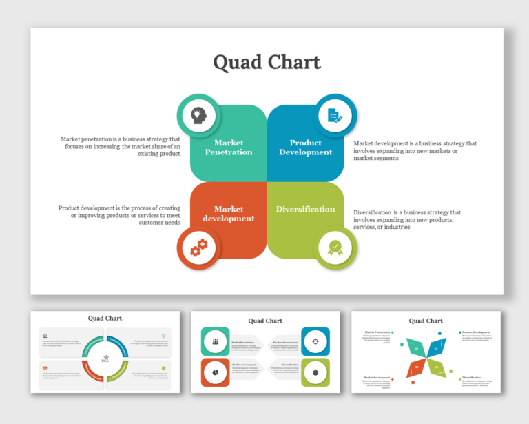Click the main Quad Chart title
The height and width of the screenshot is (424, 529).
click(267, 62)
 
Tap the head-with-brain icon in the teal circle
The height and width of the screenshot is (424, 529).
click(198, 115)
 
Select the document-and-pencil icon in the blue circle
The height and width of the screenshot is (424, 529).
click(335, 115)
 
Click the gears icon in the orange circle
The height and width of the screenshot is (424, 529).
click(198, 247)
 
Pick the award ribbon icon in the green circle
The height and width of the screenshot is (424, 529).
click(335, 247)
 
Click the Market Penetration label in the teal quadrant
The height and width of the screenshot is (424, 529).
click(229, 148)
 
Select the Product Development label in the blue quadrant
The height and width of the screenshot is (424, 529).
click(305, 148)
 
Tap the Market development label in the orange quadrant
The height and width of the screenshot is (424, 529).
click(229, 214)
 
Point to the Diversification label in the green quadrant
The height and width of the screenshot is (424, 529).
click(305, 209)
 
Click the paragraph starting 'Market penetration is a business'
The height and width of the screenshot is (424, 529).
click(121, 146)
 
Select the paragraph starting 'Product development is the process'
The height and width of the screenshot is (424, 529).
click(120, 215)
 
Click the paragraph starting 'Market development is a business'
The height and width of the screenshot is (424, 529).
click(415, 150)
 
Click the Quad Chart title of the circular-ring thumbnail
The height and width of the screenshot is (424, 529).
click(105, 319)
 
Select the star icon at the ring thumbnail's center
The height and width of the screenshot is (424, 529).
click(105, 358)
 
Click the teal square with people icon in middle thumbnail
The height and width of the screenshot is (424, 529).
click(215, 341)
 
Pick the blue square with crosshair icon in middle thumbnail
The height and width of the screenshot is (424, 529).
click(315, 341)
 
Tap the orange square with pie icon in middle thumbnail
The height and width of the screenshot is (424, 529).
click(215, 372)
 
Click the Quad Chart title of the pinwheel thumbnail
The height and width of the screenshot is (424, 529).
click(426, 321)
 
